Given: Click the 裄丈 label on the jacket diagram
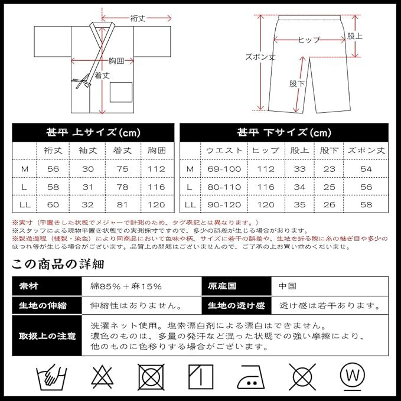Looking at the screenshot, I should tap(138, 19).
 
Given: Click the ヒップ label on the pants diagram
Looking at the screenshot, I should tap(309, 40).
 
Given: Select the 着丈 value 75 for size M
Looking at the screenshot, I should tap(121, 169).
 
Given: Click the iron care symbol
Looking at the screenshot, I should tap(250, 375).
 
